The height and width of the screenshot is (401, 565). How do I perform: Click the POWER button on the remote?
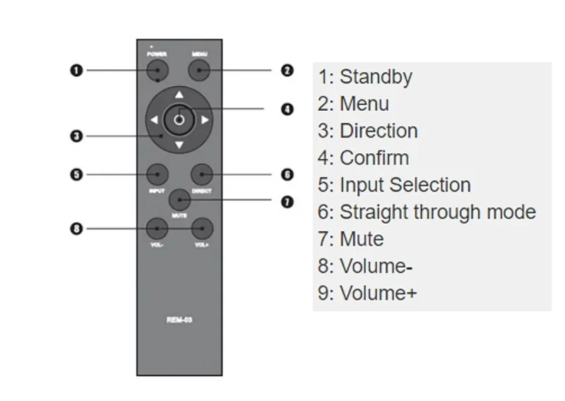pyautogui.click(x=157, y=70)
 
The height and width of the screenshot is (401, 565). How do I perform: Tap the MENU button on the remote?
pyautogui.click(x=201, y=70)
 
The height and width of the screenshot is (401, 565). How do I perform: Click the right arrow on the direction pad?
pyautogui.click(x=205, y=120)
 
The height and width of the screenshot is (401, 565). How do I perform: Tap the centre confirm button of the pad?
pyautogui.click(x=179, y=120)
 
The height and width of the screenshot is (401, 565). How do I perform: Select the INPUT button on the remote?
pyautogui.click(x=157, y=174)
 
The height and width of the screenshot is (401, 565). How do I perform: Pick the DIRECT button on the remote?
pyautogui.click(x=201, y=174)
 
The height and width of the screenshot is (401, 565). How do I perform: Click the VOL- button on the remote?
pyautogui.click(x=157, y=228)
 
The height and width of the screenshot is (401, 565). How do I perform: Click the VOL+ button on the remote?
pyautogui.click(x=202, y=228)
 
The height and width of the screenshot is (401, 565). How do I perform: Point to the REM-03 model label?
pyautogui.click(x=179, y=321)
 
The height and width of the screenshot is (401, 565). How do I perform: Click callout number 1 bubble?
pyautogui.click(x=76, y=70)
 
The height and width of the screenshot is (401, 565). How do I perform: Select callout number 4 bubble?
pyautogui.click(x=287, y=109)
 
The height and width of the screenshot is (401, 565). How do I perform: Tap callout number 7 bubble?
pyautogui.click(x=287, y=202)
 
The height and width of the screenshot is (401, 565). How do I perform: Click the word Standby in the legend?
pyautogui.click(x=376, y=77)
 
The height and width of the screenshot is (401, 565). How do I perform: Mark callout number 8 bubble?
pyautogui.click(x=76, y=228)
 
